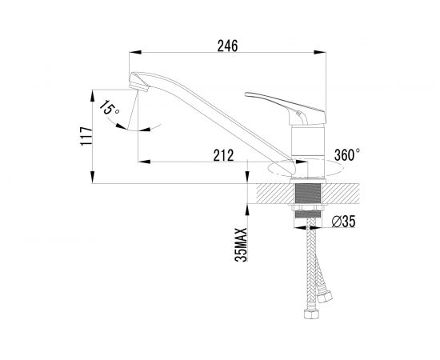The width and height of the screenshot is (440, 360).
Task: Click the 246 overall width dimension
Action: [x=227, y=46]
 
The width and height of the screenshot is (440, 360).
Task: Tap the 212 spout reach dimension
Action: [x=223, y=155]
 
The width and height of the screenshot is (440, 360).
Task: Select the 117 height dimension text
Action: [x=86, y=136]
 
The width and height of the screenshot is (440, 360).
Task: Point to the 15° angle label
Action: [x=109, y=108]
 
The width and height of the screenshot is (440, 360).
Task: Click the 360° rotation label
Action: [x=347, y=154]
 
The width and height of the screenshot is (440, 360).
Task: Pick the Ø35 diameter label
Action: [x=343, y=222]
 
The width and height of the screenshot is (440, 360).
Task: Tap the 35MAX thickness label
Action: [x=241, y=245]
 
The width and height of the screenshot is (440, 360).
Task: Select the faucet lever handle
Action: [x=286, y=108]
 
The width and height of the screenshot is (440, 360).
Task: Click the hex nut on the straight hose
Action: [x=311, y=314]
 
